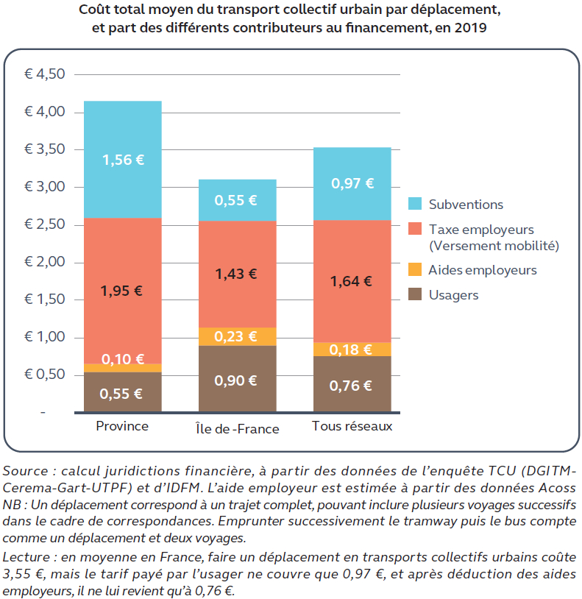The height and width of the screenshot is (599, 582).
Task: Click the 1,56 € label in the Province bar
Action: coord(123,159)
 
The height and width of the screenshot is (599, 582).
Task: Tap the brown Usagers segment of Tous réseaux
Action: coord(352,385)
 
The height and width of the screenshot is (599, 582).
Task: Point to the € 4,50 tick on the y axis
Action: coord(45,74)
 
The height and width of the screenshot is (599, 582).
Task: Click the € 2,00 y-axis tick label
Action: coord(45,263)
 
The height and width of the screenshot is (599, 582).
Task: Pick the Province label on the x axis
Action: coord(122,426)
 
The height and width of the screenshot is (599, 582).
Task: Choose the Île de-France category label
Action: coord(237,428)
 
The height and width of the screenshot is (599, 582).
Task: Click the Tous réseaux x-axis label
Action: coord(352,426)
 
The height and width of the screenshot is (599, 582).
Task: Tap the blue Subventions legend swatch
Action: coord(415,204)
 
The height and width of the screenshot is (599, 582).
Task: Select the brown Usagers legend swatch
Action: coord(415,295)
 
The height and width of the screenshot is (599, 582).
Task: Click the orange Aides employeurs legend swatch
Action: coord(415,270)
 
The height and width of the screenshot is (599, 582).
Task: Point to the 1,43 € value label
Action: coord(236,274)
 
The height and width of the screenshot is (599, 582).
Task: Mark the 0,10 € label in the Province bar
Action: coord(122,360)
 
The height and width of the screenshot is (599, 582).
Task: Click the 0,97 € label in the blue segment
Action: coord(352,183)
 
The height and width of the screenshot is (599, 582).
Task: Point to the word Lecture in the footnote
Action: coord(26,558)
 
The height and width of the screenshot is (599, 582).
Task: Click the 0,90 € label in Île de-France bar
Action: coord(236,380)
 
